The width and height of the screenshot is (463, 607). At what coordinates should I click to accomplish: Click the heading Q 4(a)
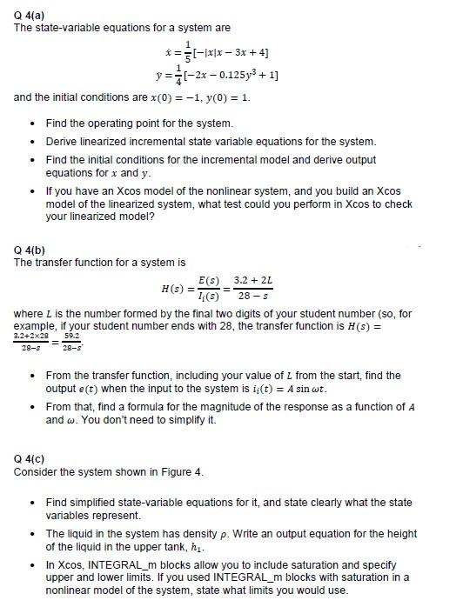[30, 15]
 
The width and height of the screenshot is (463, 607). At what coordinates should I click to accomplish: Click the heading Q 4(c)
[30, 461]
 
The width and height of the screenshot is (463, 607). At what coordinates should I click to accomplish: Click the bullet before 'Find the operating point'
[32, 124]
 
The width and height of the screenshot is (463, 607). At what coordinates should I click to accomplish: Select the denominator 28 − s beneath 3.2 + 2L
[258, 296]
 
